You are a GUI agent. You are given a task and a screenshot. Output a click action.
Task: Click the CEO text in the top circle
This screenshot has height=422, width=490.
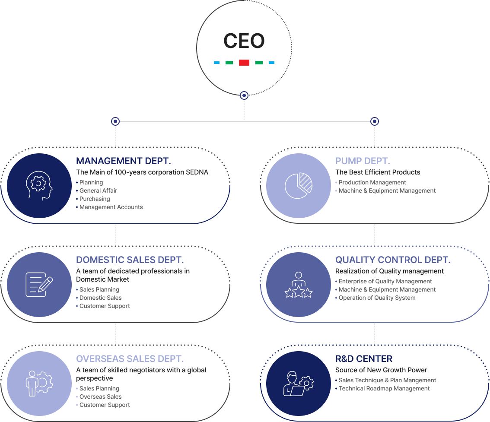[x=244, y=41]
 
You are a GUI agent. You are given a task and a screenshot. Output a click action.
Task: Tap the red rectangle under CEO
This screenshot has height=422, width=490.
[x=244, y=63]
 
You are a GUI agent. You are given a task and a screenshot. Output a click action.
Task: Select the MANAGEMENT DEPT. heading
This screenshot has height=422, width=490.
[x=123, y=161]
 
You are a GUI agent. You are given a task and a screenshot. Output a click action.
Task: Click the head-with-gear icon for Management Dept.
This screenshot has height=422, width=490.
[x=39, y=186]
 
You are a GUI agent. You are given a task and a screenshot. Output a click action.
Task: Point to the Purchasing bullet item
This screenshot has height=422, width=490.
[x=95, y=199]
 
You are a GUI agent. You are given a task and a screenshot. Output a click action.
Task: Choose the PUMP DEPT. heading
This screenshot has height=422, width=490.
[x=363, y=161]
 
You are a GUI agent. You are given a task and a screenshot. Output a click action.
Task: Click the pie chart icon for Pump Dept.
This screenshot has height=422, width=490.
[x=299, y=186]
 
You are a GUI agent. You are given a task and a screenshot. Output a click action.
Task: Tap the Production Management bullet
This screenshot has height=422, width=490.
[x=372, y=183]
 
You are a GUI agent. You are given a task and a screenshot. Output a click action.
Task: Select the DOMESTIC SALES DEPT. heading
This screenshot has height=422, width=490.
[x=130, y=260]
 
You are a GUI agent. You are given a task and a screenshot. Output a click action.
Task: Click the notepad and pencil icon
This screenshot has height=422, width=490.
[x=39, y=285]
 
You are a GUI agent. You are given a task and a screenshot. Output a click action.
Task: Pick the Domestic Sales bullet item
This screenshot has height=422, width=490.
[x=100, y=298]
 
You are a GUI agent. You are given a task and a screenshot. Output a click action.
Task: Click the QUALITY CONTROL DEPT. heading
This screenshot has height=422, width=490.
[x=393, y=260]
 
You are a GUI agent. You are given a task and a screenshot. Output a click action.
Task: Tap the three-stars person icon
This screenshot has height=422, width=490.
[x=299, y=285]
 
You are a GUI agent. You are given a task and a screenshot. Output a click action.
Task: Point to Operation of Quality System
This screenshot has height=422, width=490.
[x=377, y=298]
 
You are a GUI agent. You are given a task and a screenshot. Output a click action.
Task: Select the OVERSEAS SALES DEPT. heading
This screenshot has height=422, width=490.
[x=130, y=359]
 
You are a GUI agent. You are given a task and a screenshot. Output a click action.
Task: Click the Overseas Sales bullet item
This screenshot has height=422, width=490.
[x=100, y=397]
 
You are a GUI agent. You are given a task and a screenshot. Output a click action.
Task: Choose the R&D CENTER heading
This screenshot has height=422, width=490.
[x=364, y=359]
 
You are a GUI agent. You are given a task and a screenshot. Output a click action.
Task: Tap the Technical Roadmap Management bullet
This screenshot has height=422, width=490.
[x=384, y=389]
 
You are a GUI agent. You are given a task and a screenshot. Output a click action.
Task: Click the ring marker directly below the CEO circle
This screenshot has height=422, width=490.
[x=244, y=95]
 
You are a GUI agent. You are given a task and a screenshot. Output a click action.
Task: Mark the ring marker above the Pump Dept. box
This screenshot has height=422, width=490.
[x=375, y=121]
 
